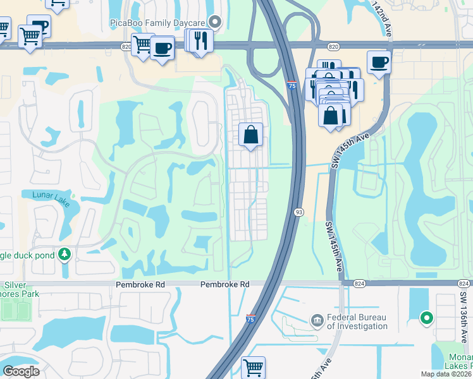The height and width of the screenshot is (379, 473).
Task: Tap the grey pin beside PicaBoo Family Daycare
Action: pyautogui.click(x=216, y=23)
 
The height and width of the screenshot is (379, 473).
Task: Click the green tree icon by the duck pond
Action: pyautogui.click(x=64, y=255)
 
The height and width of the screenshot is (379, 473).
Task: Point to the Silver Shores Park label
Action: pyautogui.click(x=19, y=289)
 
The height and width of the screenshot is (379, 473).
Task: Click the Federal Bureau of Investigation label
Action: pyautogui.click(x=357, y=322)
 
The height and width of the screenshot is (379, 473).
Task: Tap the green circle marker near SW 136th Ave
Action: pyautogui.click(x=427, y=318)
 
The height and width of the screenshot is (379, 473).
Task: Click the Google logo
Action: pyautogui.click(x=20, y=371)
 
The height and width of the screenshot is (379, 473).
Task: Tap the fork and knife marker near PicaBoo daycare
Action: pyautogui.click(x=201, y=40)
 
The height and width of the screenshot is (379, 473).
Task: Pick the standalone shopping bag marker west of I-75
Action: pyautogui.click(x=251, y=134)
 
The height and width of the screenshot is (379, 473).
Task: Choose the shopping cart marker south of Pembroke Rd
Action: pyautogui.click(x=253, y=367)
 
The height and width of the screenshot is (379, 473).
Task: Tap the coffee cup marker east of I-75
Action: pyautogui.click(x=379, y=62)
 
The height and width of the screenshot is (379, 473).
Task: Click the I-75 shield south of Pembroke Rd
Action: pyautogui.click(x=251, y=319)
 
